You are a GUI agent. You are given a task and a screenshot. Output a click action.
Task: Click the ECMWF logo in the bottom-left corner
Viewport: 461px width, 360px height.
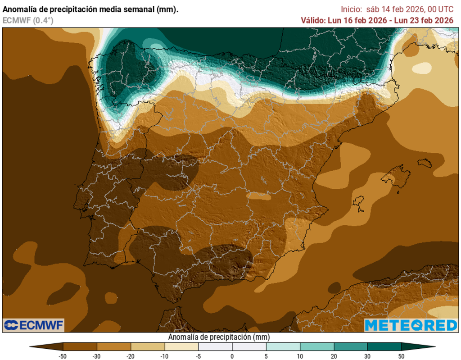tap(34, 324)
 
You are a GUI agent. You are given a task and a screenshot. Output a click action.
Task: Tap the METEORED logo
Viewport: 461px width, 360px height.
tap(410, 325)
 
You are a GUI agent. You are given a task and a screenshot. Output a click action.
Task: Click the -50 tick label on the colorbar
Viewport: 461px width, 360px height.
tap(63, 356)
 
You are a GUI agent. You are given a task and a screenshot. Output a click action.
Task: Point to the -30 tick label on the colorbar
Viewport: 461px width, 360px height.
tap(97, 356)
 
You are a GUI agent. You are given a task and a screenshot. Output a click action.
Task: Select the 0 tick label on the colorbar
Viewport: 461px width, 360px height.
tap(232, 356)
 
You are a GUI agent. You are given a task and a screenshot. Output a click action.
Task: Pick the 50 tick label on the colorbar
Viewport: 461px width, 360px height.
tap(401, 356)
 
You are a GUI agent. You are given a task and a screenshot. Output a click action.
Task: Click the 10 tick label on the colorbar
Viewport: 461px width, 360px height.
tap(300, 356)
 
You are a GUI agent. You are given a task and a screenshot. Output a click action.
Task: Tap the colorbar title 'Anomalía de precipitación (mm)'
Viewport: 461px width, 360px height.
tap(219, 337)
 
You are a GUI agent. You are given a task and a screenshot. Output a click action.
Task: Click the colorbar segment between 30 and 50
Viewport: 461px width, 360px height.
tap(384, 346)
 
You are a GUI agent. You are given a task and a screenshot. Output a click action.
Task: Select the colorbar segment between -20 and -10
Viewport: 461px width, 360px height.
tap(148, 346)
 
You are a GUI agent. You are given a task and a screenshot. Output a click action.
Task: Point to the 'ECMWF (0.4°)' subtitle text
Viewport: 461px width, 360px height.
tap(28, 20)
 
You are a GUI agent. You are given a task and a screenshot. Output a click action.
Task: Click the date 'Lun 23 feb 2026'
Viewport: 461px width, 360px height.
tap(427, 20)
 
